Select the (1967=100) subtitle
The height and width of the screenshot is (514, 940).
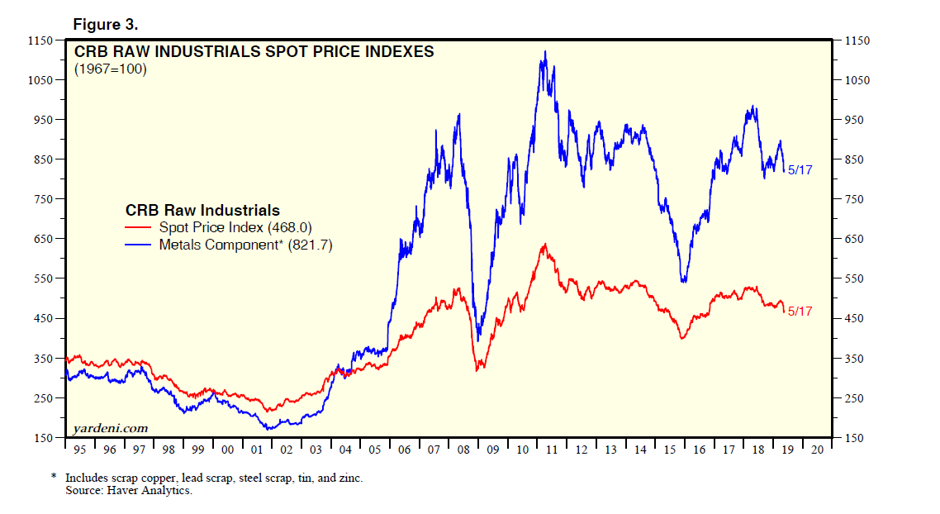point(110,69)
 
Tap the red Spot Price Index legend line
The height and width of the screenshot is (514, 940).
point(139,227)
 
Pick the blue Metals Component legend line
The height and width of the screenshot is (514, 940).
point(139,245)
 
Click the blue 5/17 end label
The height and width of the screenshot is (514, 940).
point(800,170)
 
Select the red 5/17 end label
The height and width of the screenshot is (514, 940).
point(800,312)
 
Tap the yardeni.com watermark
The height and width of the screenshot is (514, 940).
point(111,427)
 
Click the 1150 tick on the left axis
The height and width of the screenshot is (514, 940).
point(40,40)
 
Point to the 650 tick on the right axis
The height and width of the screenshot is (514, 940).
point(856,240)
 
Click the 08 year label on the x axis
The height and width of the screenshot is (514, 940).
point(463,450)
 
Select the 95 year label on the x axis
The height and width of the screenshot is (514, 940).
point(79,450)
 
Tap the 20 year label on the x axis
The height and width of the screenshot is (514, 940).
point(816,450)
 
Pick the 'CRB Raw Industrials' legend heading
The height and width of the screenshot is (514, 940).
point(202,210)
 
